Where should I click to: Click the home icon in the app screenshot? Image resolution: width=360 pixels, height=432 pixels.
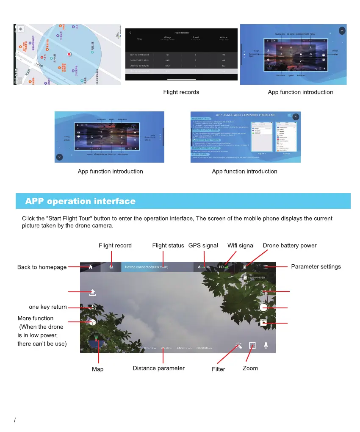91,267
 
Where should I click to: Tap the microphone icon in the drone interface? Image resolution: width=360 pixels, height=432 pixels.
266,345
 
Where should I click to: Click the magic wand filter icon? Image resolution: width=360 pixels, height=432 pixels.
239,346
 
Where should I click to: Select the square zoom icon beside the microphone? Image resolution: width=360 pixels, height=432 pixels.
252,346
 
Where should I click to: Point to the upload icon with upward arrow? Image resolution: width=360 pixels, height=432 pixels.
92,292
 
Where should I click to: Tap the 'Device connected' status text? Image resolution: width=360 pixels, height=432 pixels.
144,267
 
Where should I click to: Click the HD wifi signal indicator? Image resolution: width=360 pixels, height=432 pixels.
223,267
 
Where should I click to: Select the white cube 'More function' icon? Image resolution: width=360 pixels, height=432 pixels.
92,322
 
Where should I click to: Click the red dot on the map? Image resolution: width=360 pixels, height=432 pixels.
69,55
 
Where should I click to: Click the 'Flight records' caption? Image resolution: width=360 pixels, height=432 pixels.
181,92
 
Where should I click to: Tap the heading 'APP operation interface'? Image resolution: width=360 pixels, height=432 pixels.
80,202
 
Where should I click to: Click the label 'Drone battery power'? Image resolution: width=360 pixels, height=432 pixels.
290,246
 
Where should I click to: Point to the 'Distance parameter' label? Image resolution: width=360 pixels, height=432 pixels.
159,368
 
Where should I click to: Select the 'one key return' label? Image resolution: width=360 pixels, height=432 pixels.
48,307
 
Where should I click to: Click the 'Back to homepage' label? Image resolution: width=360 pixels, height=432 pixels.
42,267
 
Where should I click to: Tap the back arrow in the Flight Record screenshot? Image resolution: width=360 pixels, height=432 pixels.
130,33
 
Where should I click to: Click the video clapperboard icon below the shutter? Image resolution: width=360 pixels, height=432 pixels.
263,323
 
